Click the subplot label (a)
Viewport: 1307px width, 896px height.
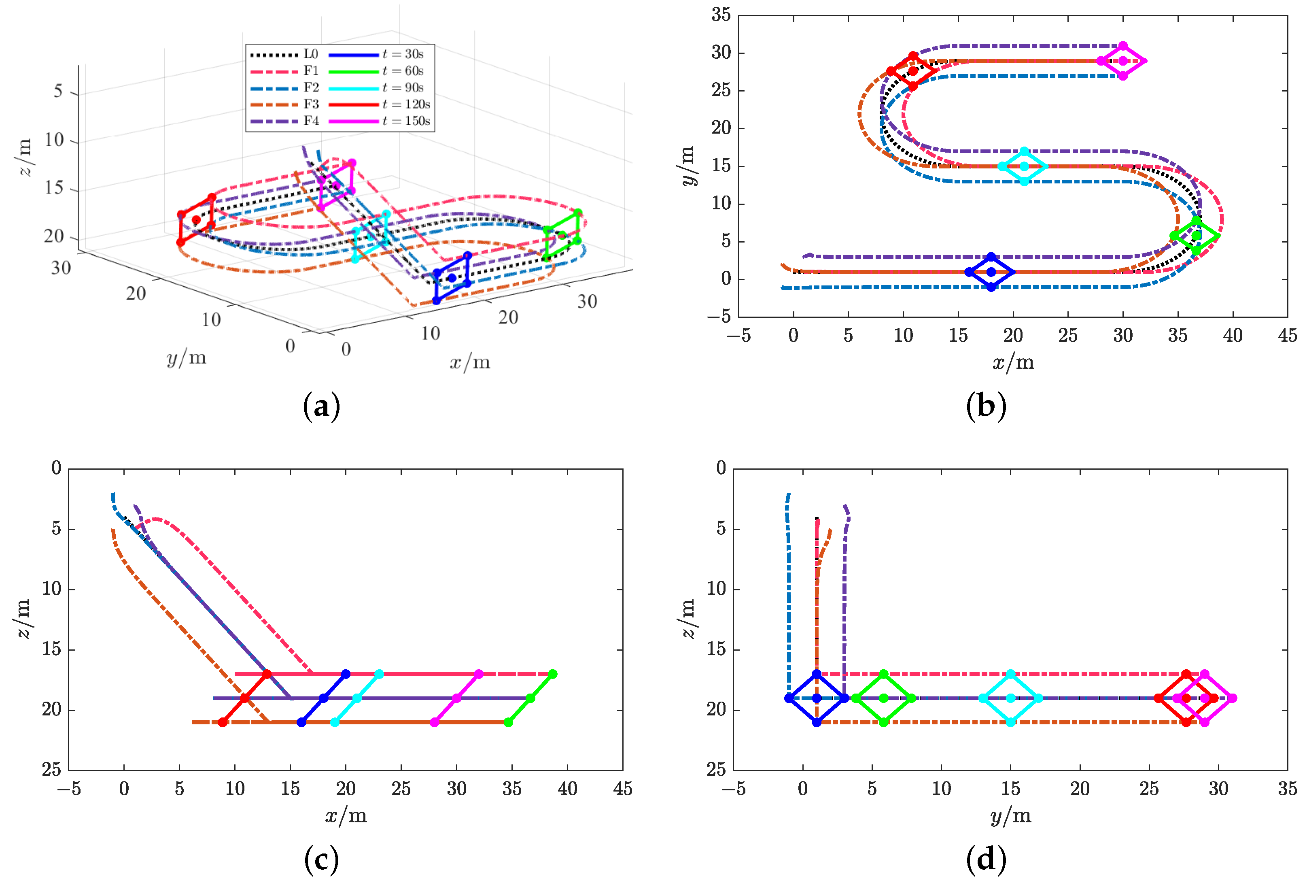tap(321, 406)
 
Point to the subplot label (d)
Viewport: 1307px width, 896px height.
tap(985, 860)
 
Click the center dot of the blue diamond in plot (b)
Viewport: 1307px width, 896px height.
tap(991, 272)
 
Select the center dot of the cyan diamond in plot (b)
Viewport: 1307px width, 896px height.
tap(1024, 166)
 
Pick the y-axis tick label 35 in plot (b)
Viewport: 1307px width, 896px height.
tap(721, 15)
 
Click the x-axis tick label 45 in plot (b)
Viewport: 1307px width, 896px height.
tap(1287, 336)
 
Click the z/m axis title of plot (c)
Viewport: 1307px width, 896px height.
tap(23, 619)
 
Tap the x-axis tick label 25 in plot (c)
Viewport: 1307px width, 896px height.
tap(401, 789)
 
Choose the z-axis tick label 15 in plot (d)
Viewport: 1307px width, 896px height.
tap(717, 649)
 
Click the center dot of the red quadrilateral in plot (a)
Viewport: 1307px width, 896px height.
tap(196, 219)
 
